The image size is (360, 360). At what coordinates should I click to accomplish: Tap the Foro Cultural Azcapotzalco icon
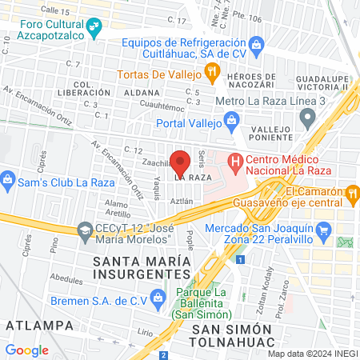[94, 29]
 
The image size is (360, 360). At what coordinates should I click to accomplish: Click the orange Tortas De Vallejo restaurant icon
[211, 74]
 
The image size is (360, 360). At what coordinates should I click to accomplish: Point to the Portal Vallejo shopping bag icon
[232, 122]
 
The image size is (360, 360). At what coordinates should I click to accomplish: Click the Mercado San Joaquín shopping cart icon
[323, 232]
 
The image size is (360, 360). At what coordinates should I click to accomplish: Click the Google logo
[27, 350]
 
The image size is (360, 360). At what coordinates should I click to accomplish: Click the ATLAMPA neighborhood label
[34, 324]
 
